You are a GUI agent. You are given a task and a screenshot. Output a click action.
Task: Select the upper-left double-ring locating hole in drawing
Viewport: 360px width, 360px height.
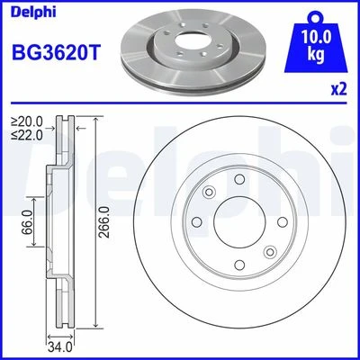[x=209, y=192]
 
